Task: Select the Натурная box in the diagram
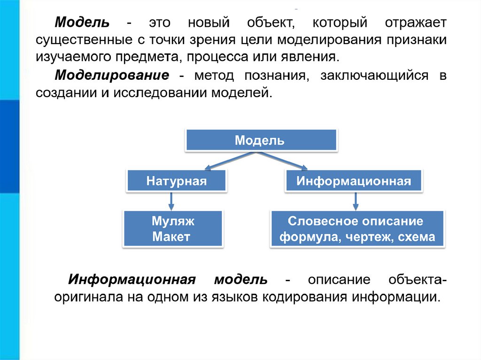(x=176, y=181)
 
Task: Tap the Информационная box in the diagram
(x=354, y=181)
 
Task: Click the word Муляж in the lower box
(x=172, y=221)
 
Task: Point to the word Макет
(x=171, y=237)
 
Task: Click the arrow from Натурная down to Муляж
(x=171, y=201)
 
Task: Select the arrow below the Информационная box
(x=356, y=201)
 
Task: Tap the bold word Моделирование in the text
(x=112, y=75)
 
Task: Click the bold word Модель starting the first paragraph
(x=82, y=23)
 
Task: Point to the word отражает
(x=416, y=23)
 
